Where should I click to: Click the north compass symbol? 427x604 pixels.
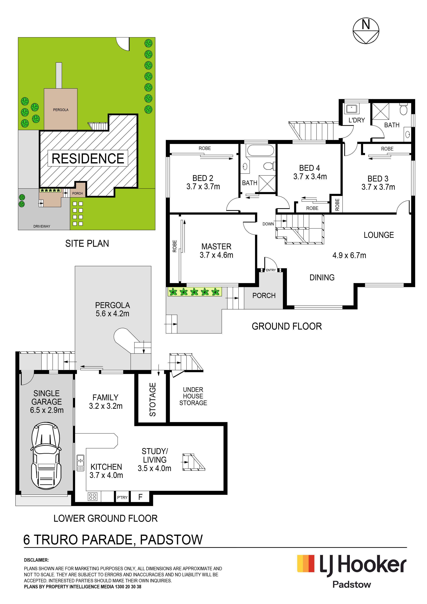tap(366, 31)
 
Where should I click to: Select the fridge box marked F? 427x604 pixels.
tap(140, 497)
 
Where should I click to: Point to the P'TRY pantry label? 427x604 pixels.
tap(122, 497)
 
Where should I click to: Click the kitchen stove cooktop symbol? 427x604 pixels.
tap(92, 496)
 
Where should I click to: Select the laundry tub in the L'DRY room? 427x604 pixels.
tap(351, 109)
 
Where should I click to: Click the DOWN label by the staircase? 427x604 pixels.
tap(268, 224)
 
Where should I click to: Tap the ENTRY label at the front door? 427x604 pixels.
tap(271, 270)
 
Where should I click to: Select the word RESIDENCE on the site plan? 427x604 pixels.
tap(88, 158)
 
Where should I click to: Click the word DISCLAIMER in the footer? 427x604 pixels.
tap(36, 560)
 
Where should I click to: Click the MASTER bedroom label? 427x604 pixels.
tap(216, 247)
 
